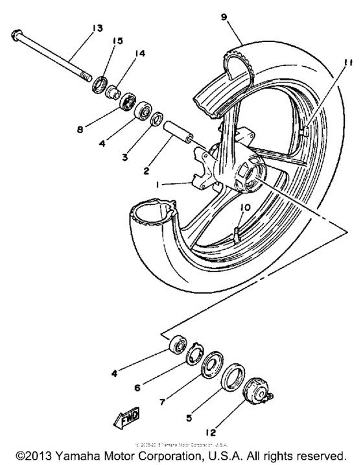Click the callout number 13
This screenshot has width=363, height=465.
pos(97,28)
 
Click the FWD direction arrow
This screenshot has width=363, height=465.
pos(128,422)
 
